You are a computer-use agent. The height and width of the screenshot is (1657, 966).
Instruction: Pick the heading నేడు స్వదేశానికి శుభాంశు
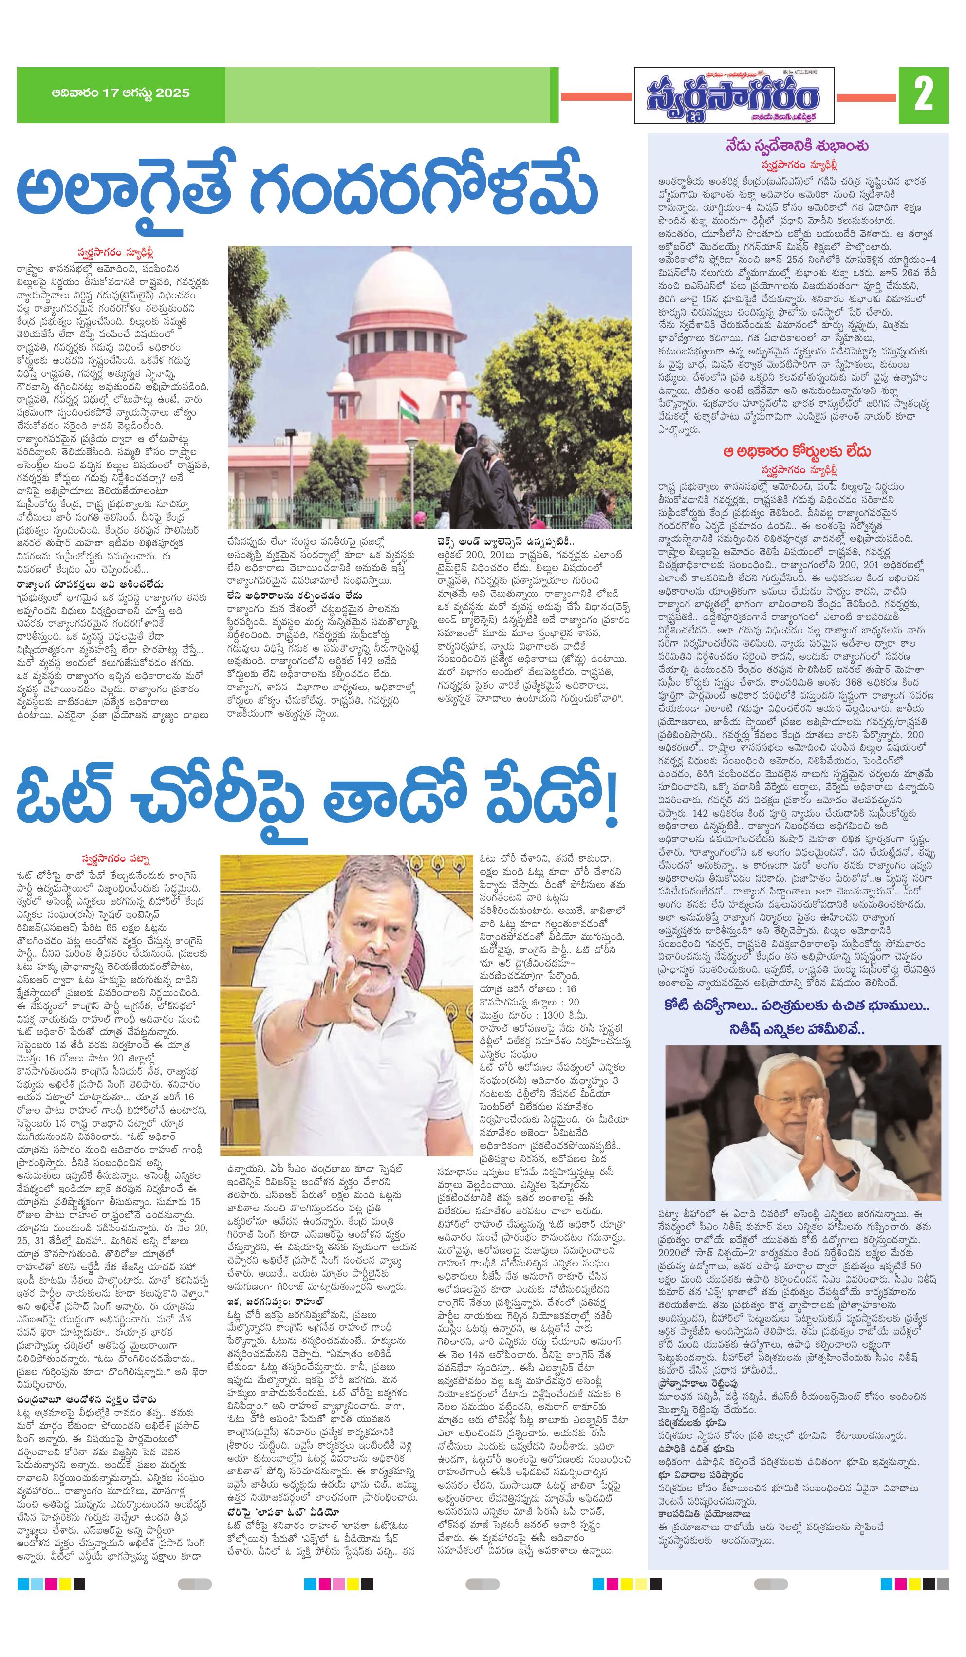pyautogui.click(x=798, y=146)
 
